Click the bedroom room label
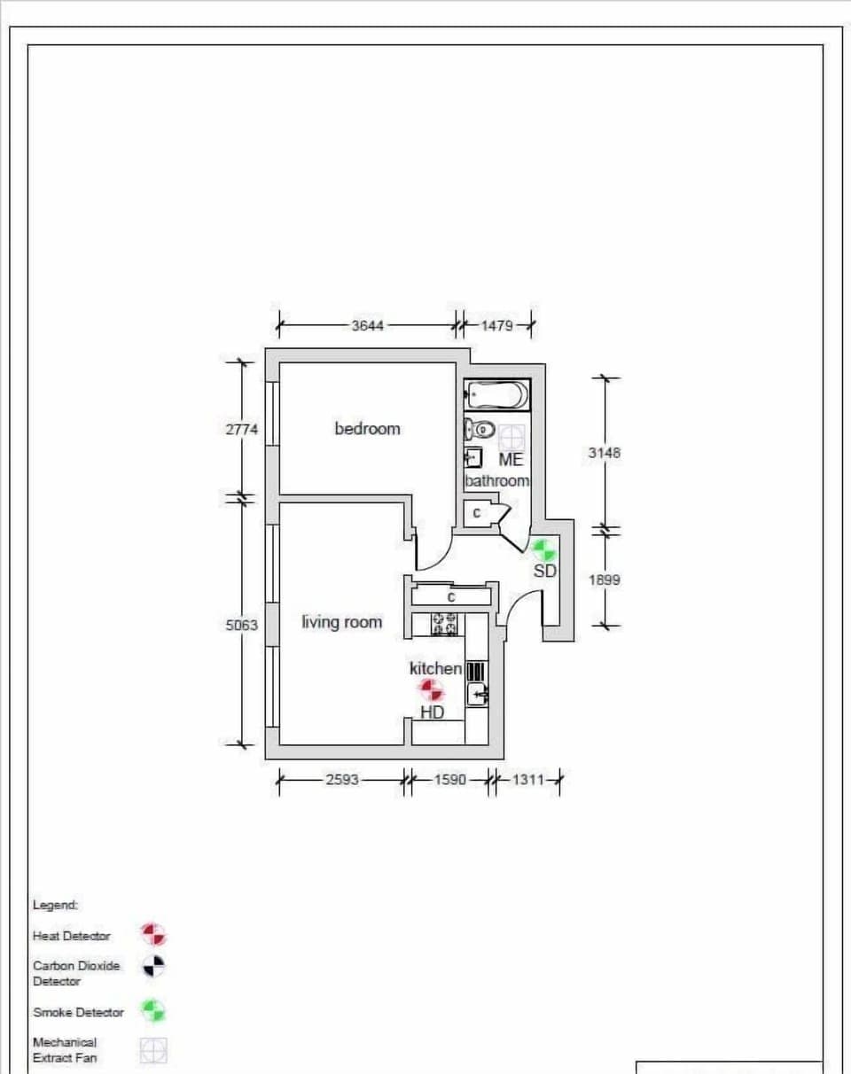pyautogui.click(x=367, y=429)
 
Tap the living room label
pyautogui.click(x=342, y=622)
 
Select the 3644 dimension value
pyautogui.click(x=368, y=326)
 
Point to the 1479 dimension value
pyautogui.click(x=497, y=326)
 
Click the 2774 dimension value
pyautogui.click(x=242, y=430)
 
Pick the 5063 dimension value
pyautogui.click(x=242, y=625)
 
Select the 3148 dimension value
pyautogui.click(x=604, y=453)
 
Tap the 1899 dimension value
pyautogui.click(x=604, y=580)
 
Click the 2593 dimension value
pyautogui.click(x=342, y=780)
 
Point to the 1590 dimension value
pyautogui.click(x=449, y=780)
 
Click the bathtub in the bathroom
pyautogui.click(x=497, y=395)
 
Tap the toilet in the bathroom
pyautogui.click(x=480, y=430)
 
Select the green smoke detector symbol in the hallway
pyautogui.click(x=543, y=550)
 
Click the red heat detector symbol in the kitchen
pyautogui.click(x=431, y=690)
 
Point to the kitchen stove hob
pyautogui.click(x=444, y=624)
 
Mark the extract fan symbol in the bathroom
pyautogui.click(x=511, y=437)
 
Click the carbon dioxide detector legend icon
pyautogui.click(x=153, y=966)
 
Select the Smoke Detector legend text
pyautogui.click(x=78, y=1012)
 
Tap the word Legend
pyautogui.click(x=55, y=905)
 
